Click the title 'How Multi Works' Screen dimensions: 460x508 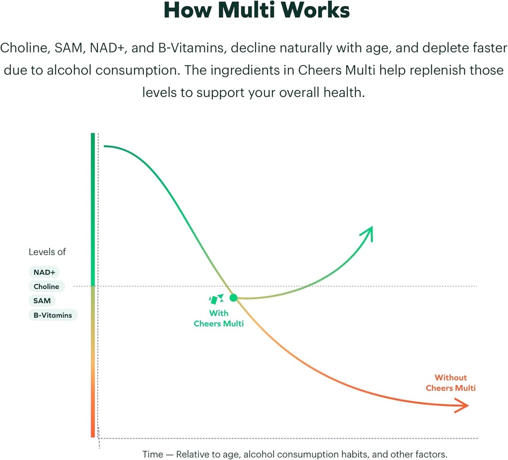[256, 10]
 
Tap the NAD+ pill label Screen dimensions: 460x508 [44, 272]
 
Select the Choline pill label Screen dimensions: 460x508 [46, 287]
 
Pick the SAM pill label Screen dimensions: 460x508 [42, 300]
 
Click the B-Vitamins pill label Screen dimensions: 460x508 [53, 315]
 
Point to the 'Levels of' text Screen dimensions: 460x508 [47, 252]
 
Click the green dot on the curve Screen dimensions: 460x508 [233, 297]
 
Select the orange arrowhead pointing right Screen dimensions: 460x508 [462, 406]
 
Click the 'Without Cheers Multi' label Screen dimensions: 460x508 [450, 383]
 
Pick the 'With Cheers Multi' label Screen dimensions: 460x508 [219, 318]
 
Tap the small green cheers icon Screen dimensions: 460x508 [216, 299]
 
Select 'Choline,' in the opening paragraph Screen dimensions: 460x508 [24, 48]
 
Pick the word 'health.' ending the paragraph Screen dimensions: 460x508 [340, 92]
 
